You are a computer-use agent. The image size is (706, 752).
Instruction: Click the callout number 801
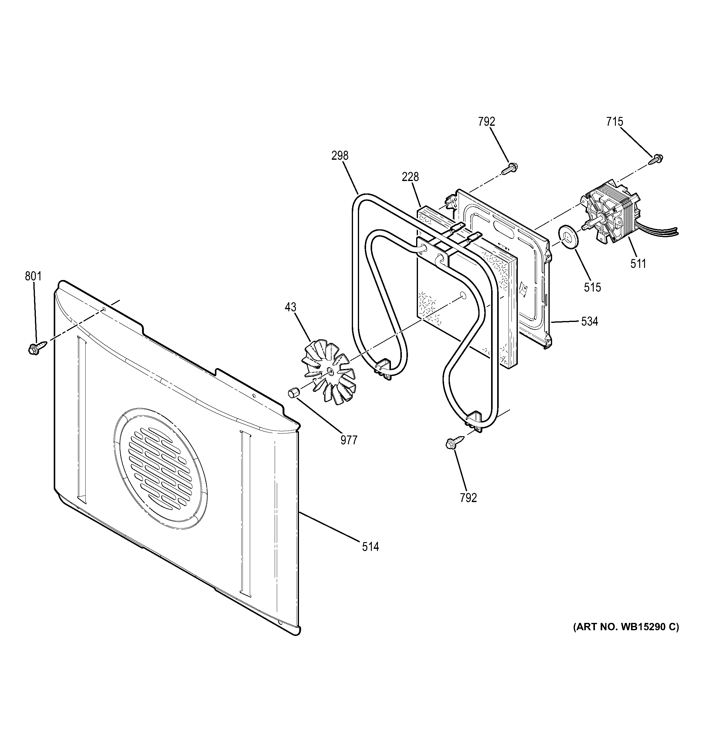pyautogui.click(x=33, y=276)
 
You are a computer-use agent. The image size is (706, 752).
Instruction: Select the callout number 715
pyautogui.click(x=615, y=121)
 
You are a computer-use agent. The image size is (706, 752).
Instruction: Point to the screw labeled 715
pyautogui.click(x=656, y=159)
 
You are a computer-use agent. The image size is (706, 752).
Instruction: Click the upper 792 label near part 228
pyautogui.click(x=487, y=121)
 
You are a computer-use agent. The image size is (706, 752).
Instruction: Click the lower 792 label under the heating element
pyautogui.click(x=468, y=498)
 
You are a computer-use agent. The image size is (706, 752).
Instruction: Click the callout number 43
pyautogui.click(x=291, y=307)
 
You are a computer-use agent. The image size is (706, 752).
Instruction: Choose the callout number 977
pyautogui.click(x=348, y=440)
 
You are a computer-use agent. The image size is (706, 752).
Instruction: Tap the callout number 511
pyautogui.click(x=638, y=263)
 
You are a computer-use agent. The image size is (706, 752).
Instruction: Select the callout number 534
pyautogui.click(x=589, y=322)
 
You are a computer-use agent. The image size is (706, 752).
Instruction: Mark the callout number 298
pyautogui.click(x=340, y=156)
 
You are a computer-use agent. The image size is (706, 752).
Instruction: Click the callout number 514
pyautogui.click(x=370, y=547)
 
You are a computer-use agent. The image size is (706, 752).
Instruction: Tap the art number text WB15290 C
pyautogui.click(x=626, y=627)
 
